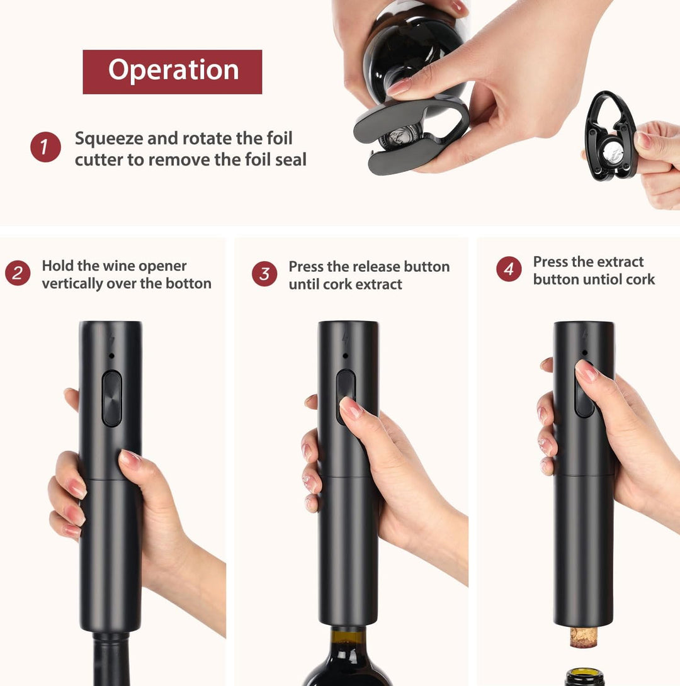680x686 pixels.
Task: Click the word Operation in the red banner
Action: click(x=173, y=70)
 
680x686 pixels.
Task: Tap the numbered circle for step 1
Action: click(x=45, y=147)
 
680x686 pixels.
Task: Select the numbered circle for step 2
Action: click(x=18, y=273)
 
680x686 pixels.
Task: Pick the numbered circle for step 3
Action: click(x=264, y=274)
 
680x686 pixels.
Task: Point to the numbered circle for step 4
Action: click(x=509, y=269)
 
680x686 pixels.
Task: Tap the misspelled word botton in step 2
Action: click(x=190, y=283)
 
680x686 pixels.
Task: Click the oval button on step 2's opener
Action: click(x=111, y=398)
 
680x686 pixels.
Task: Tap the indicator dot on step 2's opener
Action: click(x=111, y=356)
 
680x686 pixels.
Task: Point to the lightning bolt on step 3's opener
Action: click(x=346, y=339)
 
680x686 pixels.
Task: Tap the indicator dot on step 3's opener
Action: click(x=345, y=356)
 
